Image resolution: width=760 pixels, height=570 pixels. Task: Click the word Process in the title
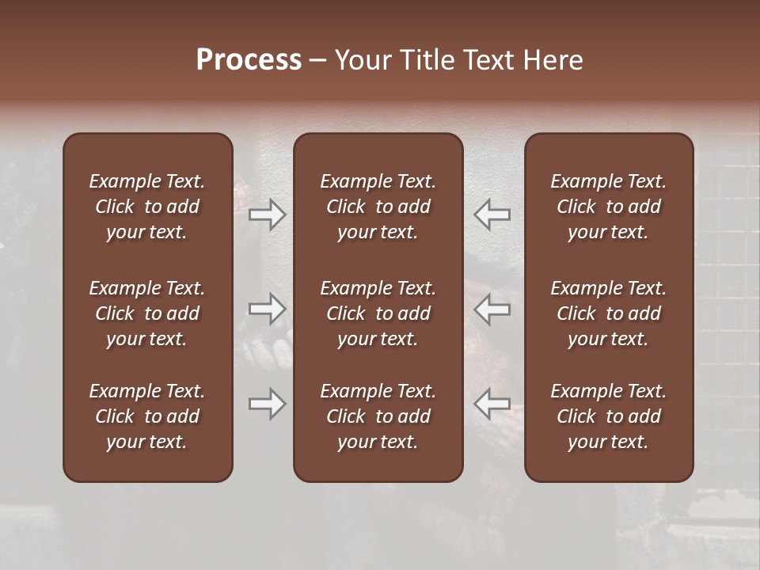249,60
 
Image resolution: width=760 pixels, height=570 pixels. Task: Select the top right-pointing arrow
268,215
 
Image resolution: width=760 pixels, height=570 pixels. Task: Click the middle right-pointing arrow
268,309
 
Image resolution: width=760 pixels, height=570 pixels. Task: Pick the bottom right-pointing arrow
268,404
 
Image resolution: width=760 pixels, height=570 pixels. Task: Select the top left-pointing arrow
492,215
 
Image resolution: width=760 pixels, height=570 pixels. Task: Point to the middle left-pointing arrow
492,309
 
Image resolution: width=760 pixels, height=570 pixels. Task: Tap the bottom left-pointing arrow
492,404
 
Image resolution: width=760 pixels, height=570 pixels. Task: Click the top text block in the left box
147,207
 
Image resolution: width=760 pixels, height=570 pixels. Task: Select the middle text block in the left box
147,313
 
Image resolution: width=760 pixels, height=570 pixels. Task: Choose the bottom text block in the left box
147,416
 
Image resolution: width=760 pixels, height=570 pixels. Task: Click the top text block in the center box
378,207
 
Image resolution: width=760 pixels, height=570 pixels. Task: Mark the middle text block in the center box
378,313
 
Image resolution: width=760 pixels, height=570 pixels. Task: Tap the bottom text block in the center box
378,416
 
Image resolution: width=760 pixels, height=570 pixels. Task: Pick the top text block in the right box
608,207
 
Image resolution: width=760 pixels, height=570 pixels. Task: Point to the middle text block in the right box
608,313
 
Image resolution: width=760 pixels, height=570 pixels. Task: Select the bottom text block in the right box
608,416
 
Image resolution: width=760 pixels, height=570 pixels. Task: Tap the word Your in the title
363,60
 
